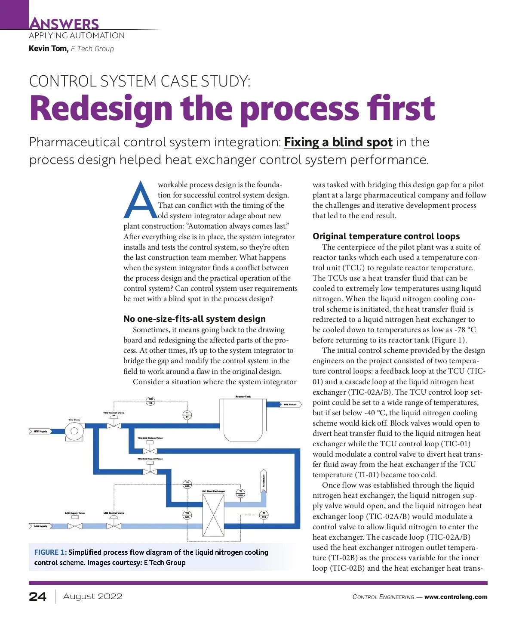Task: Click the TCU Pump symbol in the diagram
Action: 74,431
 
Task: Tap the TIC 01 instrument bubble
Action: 150,401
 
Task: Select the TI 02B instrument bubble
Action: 241,493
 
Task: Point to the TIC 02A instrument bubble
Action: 187,515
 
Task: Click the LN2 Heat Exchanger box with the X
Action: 213,515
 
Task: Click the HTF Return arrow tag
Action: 291,405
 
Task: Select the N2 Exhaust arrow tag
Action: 264,481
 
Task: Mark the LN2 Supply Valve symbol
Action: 75,525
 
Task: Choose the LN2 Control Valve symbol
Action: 114,525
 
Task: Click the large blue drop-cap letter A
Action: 141,201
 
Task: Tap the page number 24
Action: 38,596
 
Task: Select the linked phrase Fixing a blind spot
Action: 338,142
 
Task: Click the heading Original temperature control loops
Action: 386,236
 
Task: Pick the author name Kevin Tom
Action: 48,49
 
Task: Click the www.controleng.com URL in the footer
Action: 456,597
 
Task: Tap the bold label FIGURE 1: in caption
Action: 50,552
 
